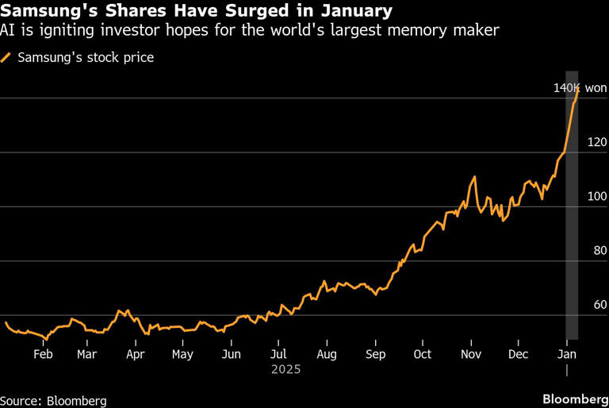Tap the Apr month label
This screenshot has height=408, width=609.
(136, 354)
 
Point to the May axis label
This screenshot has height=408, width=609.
(182, 354)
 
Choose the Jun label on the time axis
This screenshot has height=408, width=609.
(231, 354)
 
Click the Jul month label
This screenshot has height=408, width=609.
(278, 354)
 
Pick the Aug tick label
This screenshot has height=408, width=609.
(327, 354)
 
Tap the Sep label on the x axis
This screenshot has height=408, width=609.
(376, 354)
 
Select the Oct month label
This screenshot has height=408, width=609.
(423, 354)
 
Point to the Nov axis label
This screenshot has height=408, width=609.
(471, 354)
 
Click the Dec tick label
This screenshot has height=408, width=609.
(518, 354)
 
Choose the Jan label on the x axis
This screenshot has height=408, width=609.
(567, 354)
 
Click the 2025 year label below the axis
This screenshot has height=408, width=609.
(285, 369)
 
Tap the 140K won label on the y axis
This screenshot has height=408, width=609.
(579, 88)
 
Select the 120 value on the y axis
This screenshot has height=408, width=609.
(596, 143)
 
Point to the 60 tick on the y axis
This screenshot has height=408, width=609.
(599, 305)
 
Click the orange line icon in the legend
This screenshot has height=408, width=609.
(7, 58)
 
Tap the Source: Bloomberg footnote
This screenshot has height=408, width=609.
(53, 400)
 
